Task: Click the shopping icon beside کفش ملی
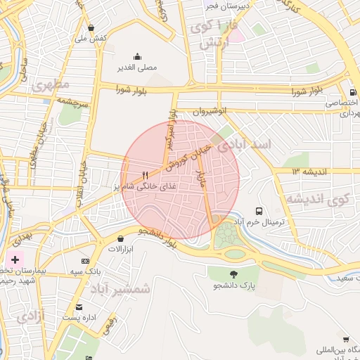pyautogui.click(x=91, y=27)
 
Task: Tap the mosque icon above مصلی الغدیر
pyautogui.click(x=136, y=57)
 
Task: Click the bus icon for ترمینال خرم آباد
pyautogui.click(x=259, y=211)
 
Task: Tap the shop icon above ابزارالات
pyautogui.click(x=121, y=238)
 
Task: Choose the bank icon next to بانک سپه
pyautogui.click(x=86, y=261)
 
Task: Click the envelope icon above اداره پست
pyautogui.click(x=79, y=307)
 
